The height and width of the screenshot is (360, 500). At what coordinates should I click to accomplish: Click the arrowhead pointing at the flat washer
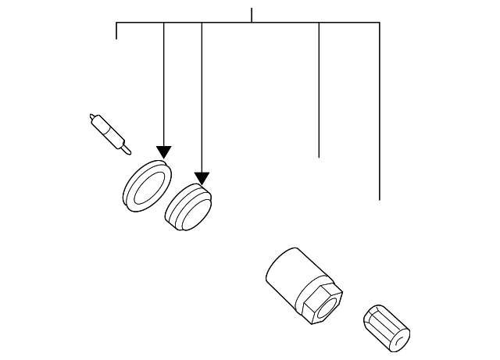[163, 151]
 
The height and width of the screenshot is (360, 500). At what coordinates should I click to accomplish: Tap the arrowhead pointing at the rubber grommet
[202, 178]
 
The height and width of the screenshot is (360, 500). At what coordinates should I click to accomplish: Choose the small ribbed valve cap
[386, 329]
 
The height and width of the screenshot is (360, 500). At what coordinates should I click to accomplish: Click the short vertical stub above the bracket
[252, 15]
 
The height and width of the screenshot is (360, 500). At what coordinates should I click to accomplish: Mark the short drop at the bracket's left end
[116, 30]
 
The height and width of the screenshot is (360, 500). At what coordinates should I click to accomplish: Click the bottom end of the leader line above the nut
[319, 156]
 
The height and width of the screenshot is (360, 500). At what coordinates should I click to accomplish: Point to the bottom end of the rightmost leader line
[380, 199]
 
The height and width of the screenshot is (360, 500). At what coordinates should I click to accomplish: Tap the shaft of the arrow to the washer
[163, 86]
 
